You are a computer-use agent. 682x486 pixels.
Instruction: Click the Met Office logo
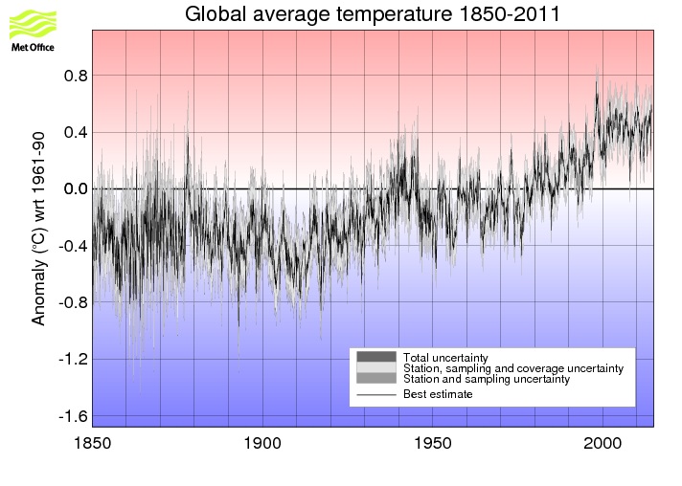[32, 29]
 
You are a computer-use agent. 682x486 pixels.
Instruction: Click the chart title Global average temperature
[373, 14]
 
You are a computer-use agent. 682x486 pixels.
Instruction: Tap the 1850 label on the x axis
[92, 444]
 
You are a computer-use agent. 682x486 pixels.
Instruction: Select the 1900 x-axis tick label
[262, 444]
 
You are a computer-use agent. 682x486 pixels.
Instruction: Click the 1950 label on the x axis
[433, 444]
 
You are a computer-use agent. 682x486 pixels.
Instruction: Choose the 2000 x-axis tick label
[603, 444]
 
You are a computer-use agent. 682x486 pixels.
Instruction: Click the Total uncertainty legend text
[445, 358]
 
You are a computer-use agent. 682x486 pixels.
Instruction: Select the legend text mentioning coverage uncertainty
[513, 368]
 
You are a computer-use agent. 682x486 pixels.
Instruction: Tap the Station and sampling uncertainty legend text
[487, 379]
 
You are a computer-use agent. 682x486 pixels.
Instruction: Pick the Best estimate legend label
[438, 394]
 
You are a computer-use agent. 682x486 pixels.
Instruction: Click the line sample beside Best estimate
[375, 394]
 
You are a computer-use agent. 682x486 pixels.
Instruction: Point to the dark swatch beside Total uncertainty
[375, 357]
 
